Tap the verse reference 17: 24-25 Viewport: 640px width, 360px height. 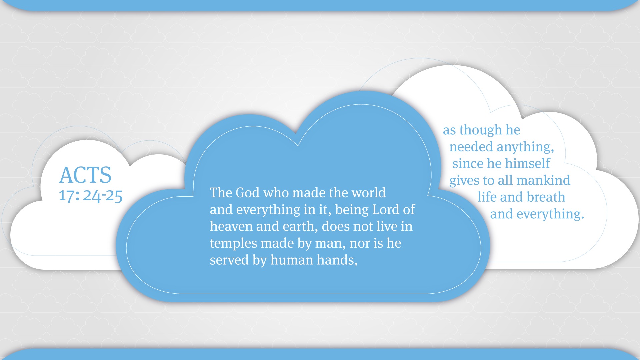click(x=91, y=196)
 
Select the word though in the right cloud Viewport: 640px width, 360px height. click(x=481, y=130)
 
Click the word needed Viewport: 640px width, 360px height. click(x=471, y=147)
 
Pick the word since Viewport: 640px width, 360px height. click(x=468, y=164)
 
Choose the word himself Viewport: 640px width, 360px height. click(x=528, y=164)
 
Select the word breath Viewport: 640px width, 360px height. click(x=546, y=197)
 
